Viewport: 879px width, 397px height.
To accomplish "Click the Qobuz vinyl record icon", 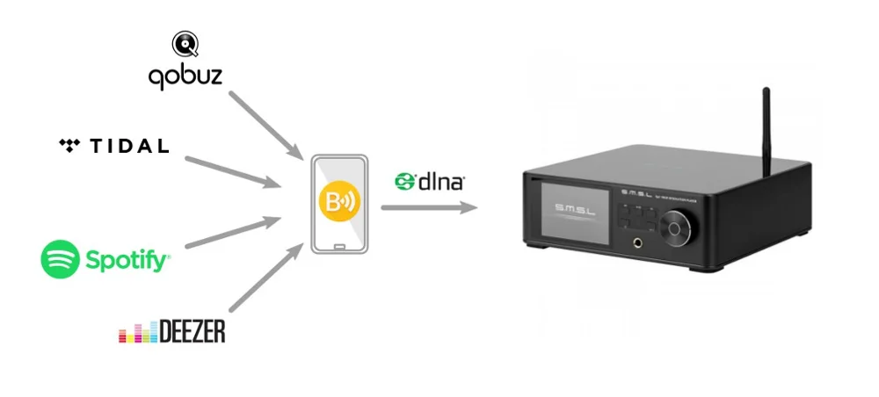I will pyautogui.click(x=185, y=43).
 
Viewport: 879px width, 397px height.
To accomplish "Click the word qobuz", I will pyautogui.click(x=185, y=77).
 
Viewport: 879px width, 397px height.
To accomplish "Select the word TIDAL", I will pyautogui.click(x=129, y=146).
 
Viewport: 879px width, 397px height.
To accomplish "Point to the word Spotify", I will pyautogui.click(x=127, y=260).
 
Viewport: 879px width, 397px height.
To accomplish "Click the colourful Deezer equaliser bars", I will pyautogui.click(x=138, y=334).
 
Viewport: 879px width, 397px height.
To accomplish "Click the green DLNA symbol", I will pyautogui.click(x=405, y=181).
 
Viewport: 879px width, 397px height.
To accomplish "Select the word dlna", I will pyautogui.click(x=441, y=182).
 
